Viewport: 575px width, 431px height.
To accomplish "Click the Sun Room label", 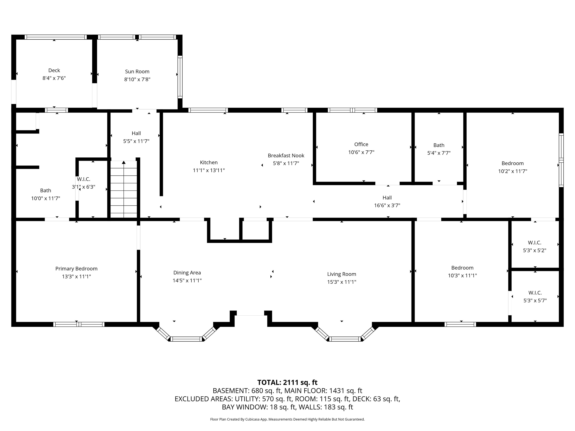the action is [137, 71].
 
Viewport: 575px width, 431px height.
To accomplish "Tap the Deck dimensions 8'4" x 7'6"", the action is [54, 78].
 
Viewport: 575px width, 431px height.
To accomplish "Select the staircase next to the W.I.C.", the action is [124, 189].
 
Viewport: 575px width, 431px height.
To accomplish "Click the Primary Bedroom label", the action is [76, 269].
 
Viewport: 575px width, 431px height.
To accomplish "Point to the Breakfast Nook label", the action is [286, 156].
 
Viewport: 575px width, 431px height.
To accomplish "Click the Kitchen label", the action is [209, 162].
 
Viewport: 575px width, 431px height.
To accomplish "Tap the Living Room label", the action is [342, 274].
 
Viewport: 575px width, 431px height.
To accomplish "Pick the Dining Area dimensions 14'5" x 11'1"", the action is [187, 281].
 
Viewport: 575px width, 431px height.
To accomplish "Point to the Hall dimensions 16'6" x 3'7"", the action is [387, 205].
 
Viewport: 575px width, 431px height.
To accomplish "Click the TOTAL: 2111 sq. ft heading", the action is [287, 382].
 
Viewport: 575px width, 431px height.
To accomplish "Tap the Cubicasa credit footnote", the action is [287, 419].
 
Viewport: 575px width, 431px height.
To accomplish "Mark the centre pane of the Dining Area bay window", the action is [187, 339].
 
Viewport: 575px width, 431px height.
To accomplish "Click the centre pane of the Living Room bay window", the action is [345, 339].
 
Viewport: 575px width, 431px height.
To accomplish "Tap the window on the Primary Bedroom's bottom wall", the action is [79, 324].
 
